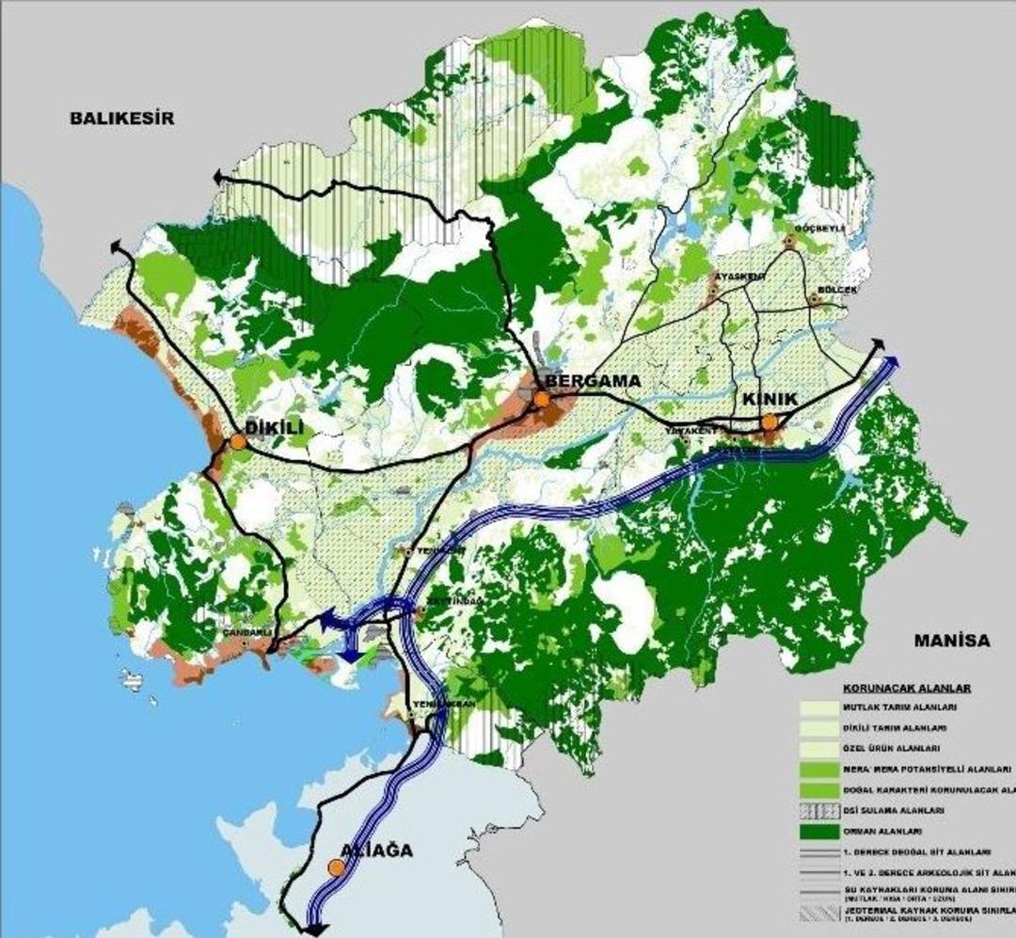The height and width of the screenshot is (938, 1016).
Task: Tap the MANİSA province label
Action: click(952, 641)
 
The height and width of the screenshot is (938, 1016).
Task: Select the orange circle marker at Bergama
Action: click(542, 400)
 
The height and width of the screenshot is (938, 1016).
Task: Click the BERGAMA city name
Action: click(593, 382)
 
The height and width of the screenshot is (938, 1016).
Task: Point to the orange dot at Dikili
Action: click(238, 442)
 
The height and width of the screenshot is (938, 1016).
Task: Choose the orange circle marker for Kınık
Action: click(770, 422)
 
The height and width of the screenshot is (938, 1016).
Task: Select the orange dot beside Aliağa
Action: click(335, 867)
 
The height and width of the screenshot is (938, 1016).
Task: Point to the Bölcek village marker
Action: click(815, 301)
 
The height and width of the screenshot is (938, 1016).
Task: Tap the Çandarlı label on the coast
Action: click(246, 632)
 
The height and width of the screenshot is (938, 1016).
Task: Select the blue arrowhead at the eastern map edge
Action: click(892, 363)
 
